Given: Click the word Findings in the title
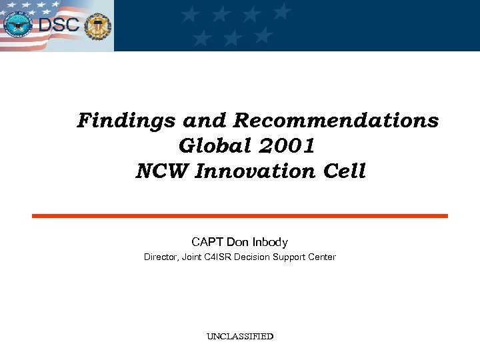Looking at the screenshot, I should [x=116, y=121].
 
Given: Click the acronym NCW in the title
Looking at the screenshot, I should [x=162, y=171].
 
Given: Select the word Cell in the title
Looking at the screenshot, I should [x=345, y=171].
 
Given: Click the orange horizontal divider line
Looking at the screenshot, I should [x=240, y=216].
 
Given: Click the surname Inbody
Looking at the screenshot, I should [x=270, y=241].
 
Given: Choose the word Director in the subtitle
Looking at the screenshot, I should [x=159, y=257].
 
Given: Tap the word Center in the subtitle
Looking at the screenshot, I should [x=323, y=257].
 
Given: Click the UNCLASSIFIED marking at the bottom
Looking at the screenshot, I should [x=240, y=337].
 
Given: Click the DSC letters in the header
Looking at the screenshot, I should [x=59, y=27].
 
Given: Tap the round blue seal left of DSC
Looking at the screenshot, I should [x=19, y=25].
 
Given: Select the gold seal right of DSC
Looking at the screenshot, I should [x=99, y=27].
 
